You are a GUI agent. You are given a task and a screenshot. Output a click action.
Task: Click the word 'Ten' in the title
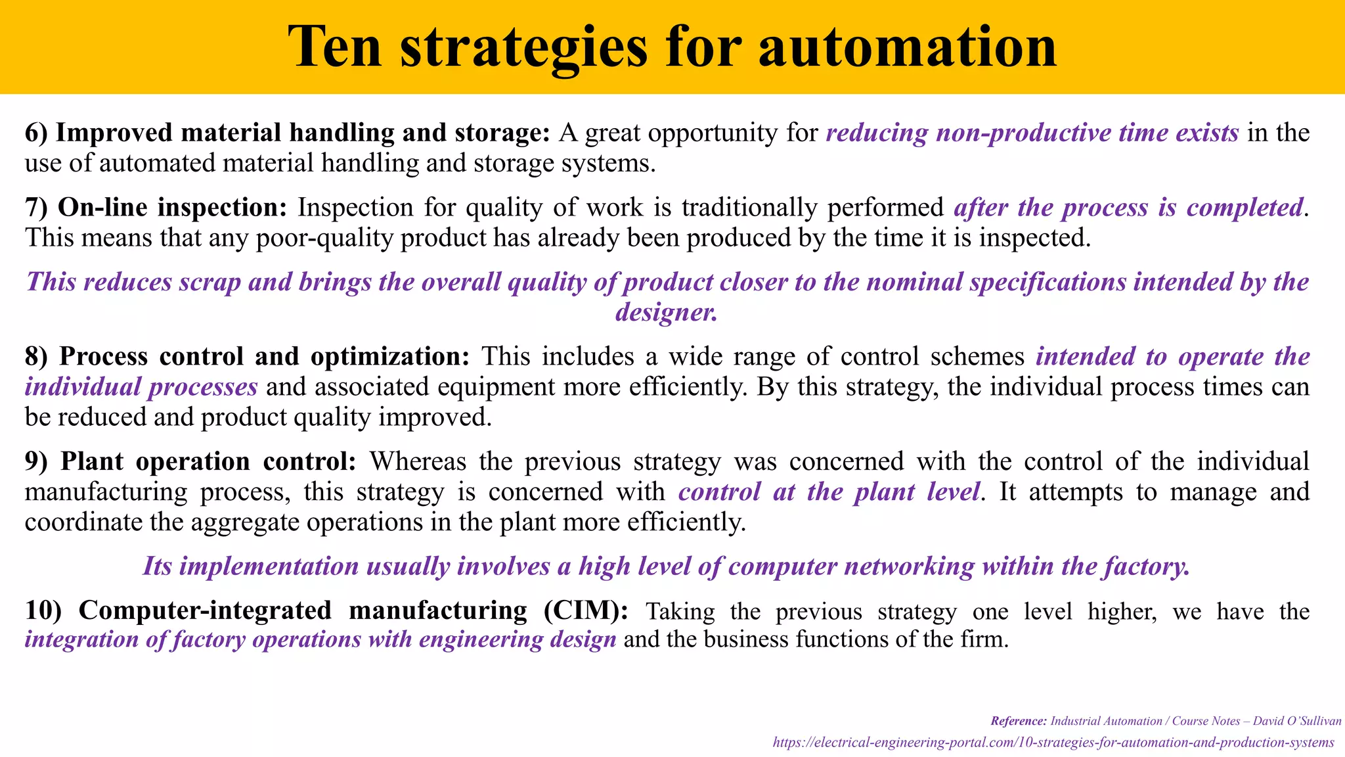(335, 47)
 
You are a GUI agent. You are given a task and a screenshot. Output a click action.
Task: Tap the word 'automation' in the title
(908, 47)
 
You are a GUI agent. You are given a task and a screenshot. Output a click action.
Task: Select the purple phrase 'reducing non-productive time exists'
(1032, 133)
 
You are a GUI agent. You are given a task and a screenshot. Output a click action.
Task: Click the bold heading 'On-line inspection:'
(173, 208)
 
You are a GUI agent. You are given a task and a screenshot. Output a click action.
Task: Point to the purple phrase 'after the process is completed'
(1128, 208)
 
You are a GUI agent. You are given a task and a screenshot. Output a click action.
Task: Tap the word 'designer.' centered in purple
(667, 312)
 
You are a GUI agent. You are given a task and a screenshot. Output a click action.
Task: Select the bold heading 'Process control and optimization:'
(265, 356)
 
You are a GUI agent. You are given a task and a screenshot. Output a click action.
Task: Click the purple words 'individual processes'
(141, 386)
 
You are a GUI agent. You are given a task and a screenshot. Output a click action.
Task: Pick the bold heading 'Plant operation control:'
(208, 461)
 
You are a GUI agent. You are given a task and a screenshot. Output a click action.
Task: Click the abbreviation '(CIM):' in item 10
(586, 610)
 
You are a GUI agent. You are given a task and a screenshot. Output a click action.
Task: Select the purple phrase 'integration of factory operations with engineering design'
(320, 639)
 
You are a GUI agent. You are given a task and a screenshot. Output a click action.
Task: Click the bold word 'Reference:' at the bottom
(1019, 721)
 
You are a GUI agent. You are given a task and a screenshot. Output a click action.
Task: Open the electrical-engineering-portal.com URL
(1053, 743)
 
